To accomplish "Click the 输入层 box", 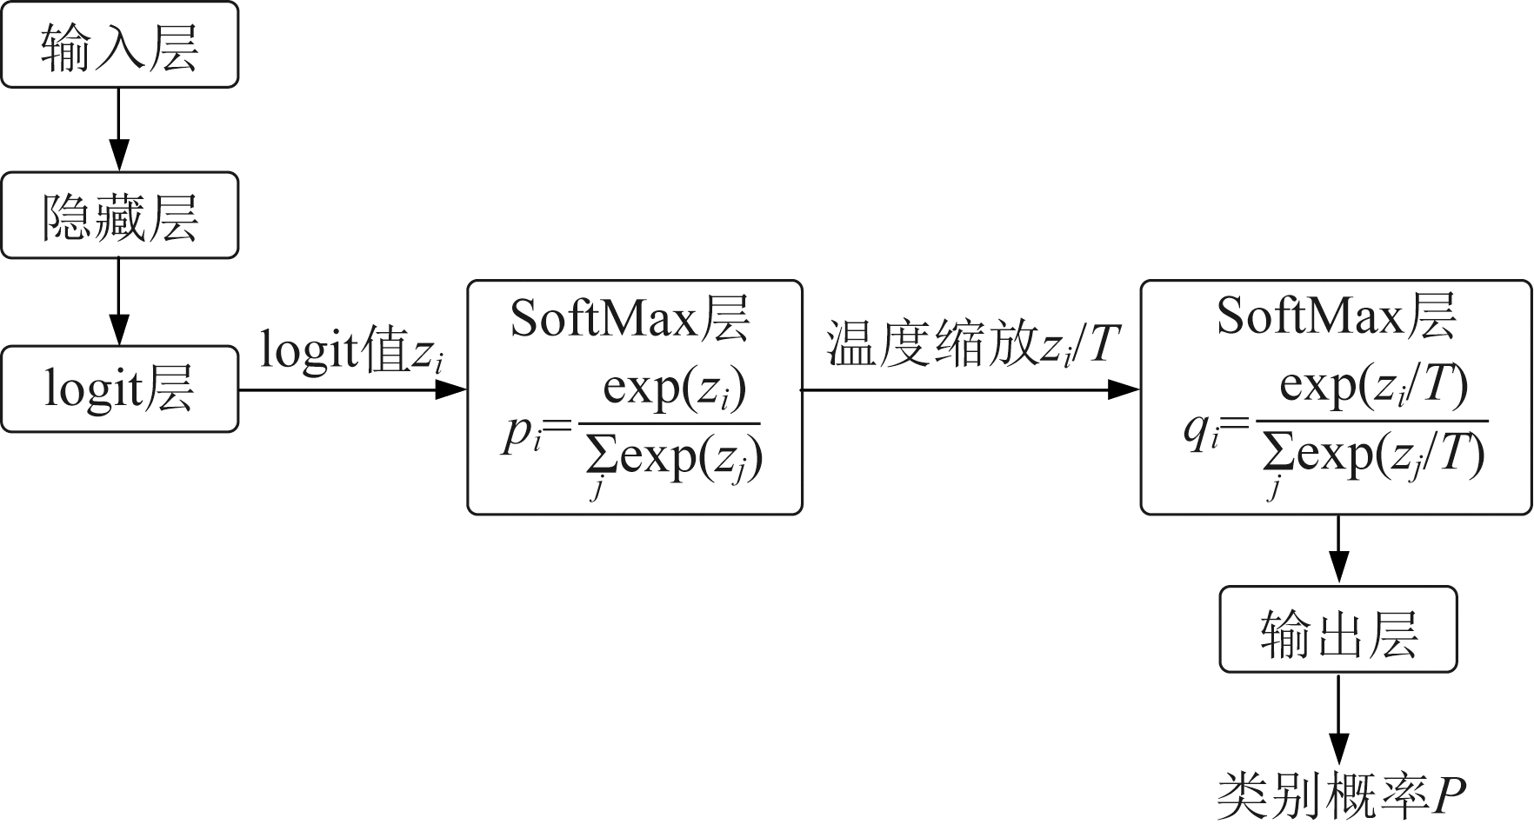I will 119,45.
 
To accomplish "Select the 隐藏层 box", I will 119,216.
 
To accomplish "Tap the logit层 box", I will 119,389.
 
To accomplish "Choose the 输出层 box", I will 1337,629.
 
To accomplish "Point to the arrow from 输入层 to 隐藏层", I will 119,129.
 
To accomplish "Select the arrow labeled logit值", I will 352,389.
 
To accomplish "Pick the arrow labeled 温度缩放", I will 970,389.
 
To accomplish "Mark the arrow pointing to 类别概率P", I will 1338,718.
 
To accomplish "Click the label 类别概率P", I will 1340,794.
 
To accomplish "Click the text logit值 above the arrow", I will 335,350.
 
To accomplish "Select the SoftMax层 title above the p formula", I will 630,319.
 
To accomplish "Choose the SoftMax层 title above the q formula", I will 1336,316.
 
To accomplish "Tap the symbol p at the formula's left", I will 515,435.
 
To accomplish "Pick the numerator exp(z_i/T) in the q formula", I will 1373,385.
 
